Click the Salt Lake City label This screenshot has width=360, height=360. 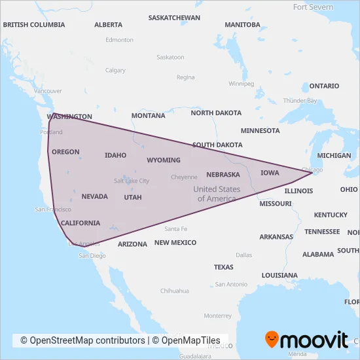132,181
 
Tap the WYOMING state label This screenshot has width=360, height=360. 163,160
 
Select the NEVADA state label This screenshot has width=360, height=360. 94,196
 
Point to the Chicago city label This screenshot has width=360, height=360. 312,170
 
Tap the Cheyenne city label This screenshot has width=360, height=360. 184,177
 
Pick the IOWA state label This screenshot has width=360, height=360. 269,173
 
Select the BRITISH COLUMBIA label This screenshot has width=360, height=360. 34,25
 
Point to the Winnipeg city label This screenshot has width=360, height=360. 241,84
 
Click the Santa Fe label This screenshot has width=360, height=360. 176,229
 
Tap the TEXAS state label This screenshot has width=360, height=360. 223,267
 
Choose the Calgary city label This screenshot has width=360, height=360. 115,71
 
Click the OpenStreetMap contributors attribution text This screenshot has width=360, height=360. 82,340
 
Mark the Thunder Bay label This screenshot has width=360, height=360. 300,100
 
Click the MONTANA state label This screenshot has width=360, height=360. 148,116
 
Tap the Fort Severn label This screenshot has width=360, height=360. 313,7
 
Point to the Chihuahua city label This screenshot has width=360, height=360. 175,291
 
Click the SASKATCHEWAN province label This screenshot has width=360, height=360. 174,18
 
